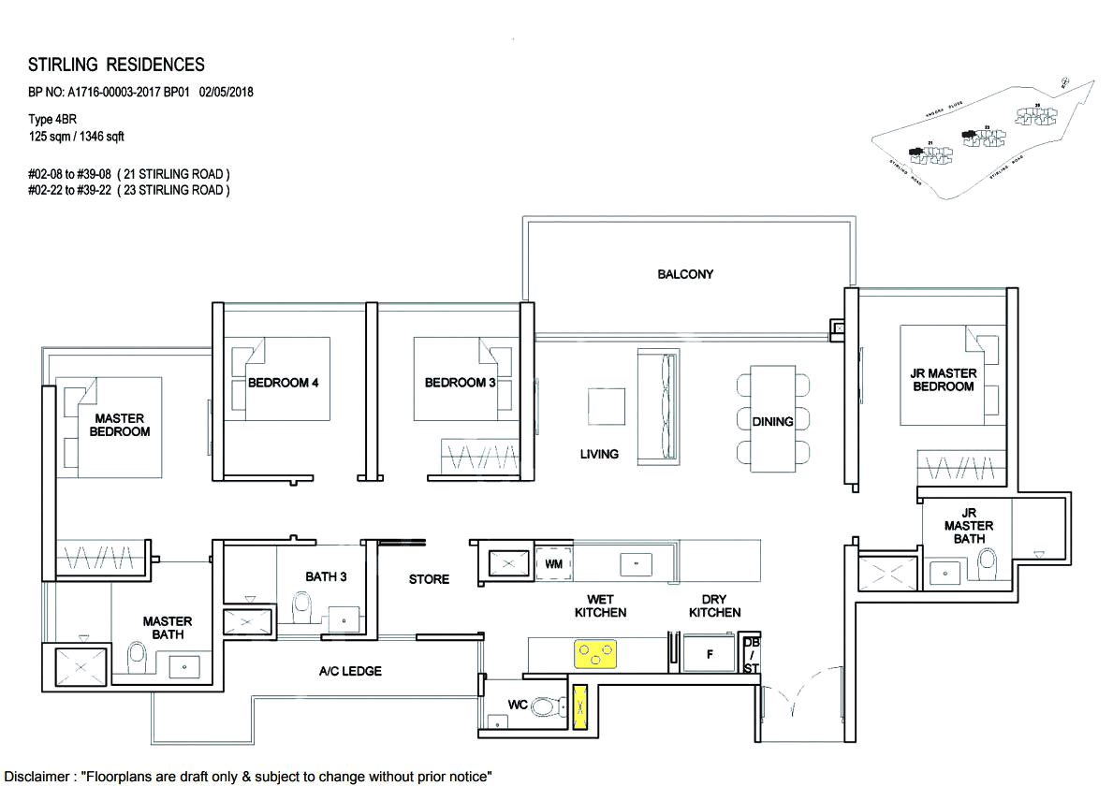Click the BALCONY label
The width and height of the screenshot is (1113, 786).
(685, 274)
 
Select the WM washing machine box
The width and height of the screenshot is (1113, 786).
(552, 564)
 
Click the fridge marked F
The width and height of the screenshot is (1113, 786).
(710, 654)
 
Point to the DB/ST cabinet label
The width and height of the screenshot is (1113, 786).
(751, 655)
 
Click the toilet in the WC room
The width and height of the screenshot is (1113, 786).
(546, 708)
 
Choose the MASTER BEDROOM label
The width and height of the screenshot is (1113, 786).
(120, 425)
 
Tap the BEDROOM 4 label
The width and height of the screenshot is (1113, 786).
(283, 383)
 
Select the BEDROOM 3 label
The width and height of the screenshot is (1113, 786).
(460, 383)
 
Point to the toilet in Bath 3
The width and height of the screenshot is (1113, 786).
(302, 609)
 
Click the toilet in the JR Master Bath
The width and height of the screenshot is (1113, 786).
(986, 564)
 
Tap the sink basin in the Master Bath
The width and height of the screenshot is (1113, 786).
(183, 665)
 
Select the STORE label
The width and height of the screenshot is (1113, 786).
(429, 579)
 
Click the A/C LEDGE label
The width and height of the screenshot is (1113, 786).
(350, 671)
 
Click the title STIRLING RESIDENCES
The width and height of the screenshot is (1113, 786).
(116, 65)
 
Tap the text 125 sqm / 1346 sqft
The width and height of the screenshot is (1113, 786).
(77, 137)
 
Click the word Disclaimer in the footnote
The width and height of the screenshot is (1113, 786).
(38, 777)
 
